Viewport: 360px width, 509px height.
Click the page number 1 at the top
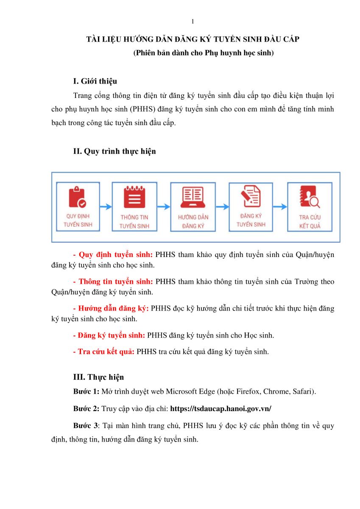pos(193,22)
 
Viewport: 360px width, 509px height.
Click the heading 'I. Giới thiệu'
pos(95,81)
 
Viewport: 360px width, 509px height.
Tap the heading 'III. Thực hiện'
pos(98,377)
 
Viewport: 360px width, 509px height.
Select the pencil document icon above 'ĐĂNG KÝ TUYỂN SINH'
pos(251,196)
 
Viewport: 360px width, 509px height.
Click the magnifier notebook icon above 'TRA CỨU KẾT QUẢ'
pos(310,197)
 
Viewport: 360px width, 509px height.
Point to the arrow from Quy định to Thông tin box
pos(106,207)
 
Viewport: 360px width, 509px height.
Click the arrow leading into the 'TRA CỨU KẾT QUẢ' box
pos(280,207)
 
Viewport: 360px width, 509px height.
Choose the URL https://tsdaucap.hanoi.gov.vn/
pos(220,409)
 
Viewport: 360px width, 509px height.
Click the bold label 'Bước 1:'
pos(87,392)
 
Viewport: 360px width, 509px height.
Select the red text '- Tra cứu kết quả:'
pos(104,352)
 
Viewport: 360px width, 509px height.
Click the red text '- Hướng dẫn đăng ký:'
pos(111,308)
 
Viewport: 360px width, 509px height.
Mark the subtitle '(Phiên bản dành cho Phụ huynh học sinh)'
pos(203,53)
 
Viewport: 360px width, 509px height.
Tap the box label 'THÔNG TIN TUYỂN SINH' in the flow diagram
pos(134,222)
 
